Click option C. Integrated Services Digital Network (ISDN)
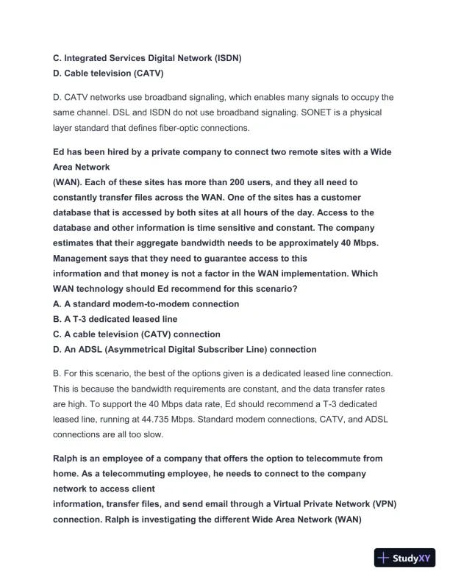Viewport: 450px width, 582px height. pos(148,57)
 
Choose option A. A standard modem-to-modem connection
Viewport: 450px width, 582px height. pos(146,303)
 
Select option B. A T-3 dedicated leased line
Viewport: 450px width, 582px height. pos(115,319)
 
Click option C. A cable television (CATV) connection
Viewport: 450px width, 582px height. pos(137,334)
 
